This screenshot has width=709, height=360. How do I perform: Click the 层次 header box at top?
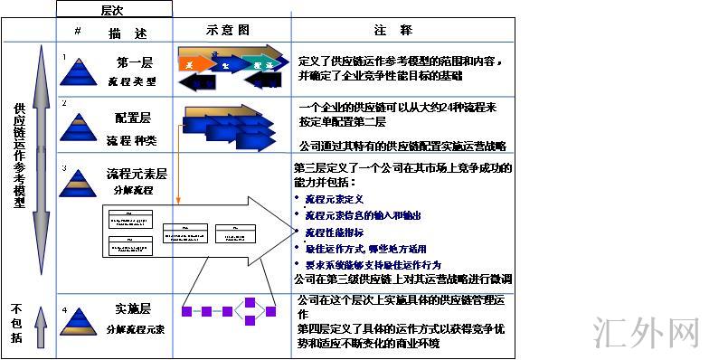tap(113, 9)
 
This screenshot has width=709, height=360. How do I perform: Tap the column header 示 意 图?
tap(230, 30)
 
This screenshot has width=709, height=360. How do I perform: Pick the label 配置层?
tap(133, 118)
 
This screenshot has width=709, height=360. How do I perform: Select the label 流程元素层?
tap(136, 173)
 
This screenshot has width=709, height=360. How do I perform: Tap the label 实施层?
tap(134, 308)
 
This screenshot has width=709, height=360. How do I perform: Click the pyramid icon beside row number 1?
tap(80, 72)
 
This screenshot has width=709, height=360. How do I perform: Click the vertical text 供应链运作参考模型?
tap(19, 156)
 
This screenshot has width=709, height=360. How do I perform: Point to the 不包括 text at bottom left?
tap(15, 322)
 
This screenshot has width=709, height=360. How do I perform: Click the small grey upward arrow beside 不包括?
tap(41, 327)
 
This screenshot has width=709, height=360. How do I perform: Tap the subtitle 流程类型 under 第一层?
tap(133, 81)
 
